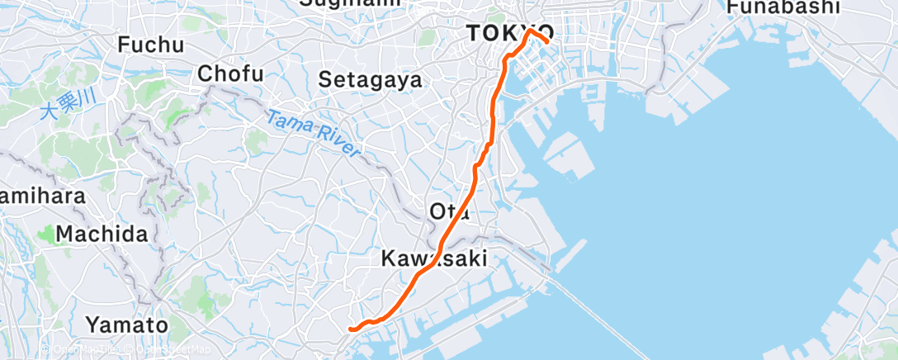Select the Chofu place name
(x=230, y=74)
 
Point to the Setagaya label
(x=371, y=80)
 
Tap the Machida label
(x=102, y=234)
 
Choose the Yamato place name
(x=127, y=324)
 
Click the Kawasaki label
(x=434, y=258)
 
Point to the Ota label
(x=449, y=212)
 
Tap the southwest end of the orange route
(x=351, y=329)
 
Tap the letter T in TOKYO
(x=473, y=34)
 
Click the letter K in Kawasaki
(x=388, y=258)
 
